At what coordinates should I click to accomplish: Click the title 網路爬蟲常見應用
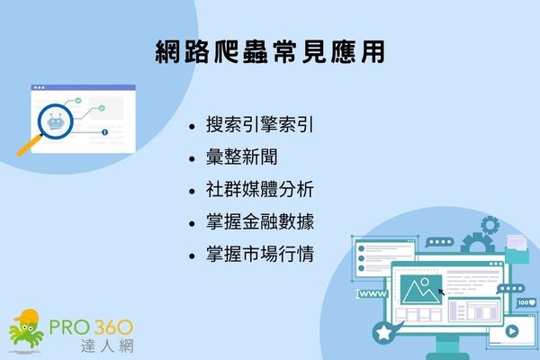270,51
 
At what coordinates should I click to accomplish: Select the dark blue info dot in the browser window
106,132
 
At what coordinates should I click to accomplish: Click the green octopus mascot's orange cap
30,316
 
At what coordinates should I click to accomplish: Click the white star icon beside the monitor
385,333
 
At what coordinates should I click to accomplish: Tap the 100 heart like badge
526,304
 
